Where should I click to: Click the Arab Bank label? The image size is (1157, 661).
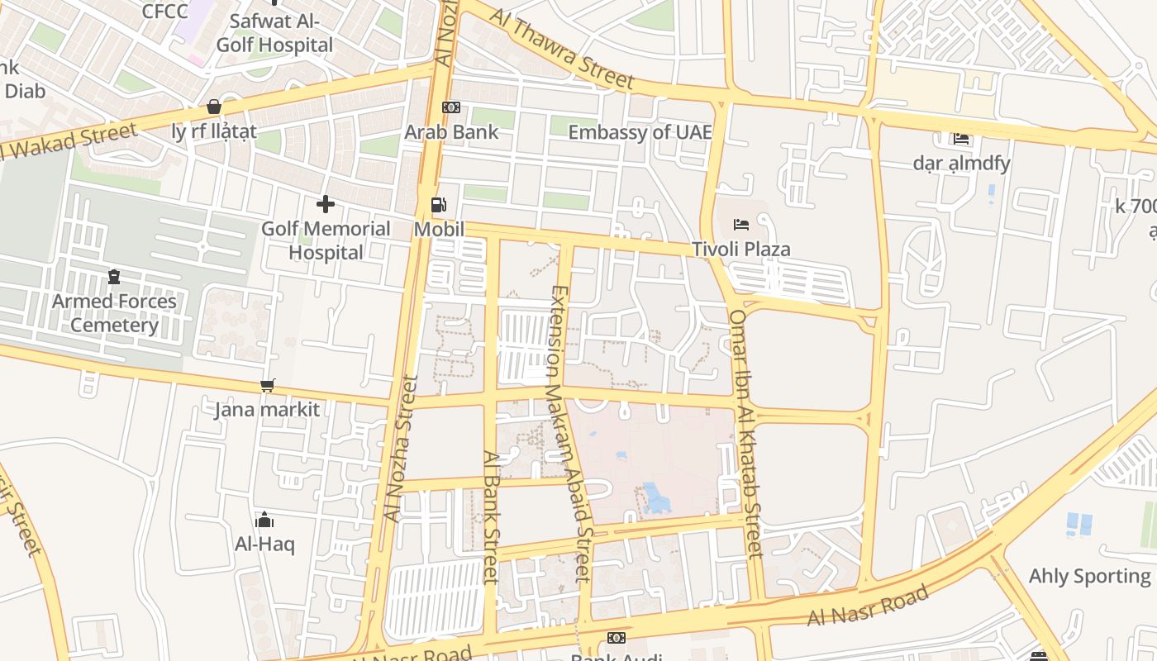click(451, 132)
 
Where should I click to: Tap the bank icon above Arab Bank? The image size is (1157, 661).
click(450, 107)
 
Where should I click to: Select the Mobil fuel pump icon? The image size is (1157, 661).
click(439, 205)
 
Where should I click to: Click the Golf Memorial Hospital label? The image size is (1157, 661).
click(326, 240)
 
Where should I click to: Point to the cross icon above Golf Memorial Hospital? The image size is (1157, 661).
click(326, 204)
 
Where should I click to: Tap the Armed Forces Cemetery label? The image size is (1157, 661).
click(114, 313)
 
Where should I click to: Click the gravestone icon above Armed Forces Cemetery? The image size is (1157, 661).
click(114, 277)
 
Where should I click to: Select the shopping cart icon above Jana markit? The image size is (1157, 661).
click(267, 386)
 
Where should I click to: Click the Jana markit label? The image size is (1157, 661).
click(267, 409)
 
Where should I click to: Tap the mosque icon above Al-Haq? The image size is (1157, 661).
click(264, 520)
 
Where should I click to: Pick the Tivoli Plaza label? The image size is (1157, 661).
click(741, 249)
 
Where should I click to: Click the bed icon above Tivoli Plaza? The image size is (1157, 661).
click(741, 225)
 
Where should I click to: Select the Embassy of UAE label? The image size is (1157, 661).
click(640, 132)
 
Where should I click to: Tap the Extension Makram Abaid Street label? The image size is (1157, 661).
click(571, 433)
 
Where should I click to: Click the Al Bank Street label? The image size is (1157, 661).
click(491, 516)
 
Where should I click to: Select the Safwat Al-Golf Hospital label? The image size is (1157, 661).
click(274, 33)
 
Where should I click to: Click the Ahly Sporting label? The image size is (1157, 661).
click(1089, 576)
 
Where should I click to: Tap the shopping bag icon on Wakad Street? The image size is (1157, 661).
click(214, 107)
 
